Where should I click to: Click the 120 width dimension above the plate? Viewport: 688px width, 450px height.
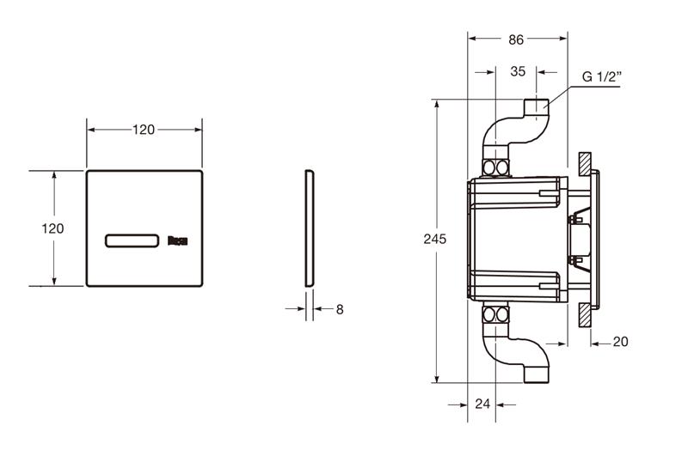(144, 130)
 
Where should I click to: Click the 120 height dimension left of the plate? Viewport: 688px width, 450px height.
(52, 228)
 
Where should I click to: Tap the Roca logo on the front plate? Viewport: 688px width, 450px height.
(178, 240)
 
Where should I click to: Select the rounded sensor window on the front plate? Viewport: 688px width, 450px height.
(132, 241)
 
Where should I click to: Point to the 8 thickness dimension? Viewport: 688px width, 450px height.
(340, 309)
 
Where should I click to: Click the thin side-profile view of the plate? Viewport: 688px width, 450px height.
(310, 228)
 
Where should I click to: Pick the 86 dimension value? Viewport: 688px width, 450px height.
(516, 40)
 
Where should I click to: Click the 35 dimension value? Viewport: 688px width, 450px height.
(518, 71)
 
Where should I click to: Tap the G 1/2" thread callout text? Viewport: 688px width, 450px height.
(602, 76)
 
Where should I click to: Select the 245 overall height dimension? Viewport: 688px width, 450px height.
(435, 239)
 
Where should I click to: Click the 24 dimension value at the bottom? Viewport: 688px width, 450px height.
(482, 404)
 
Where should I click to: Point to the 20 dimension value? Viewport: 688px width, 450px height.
(620, 341)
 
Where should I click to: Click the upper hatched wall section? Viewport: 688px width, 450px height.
(585, 164)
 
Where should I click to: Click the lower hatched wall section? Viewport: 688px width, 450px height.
(585, 314)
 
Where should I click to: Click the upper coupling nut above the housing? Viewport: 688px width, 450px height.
(496, 167)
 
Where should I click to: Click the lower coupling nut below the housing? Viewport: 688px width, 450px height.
(496, 314)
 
